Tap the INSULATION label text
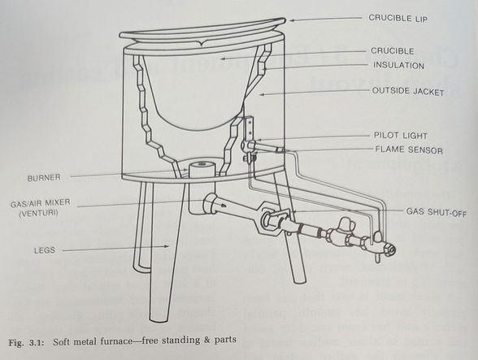(x=398, y=65)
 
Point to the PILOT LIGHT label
(x=401, y=136)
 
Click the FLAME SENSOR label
(x=406, y=149)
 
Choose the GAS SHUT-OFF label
(x=438, y=210)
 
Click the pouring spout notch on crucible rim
(x=200, y=37)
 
